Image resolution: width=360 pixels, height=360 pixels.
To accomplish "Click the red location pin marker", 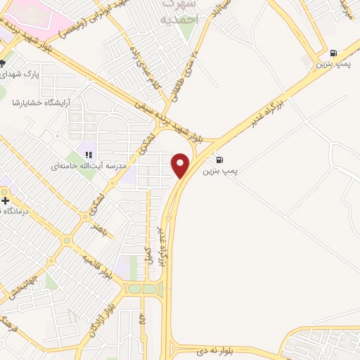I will (181, 165).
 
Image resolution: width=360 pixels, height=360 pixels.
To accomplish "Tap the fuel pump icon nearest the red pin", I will (220, 160).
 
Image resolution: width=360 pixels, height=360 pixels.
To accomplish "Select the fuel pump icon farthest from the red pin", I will (333, 52).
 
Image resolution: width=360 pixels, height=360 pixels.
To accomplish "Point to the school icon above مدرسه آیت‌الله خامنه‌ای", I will (89, 154).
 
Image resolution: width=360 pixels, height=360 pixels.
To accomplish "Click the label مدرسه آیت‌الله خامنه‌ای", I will (88, 167).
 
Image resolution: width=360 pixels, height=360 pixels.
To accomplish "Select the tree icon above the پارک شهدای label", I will (3, 64).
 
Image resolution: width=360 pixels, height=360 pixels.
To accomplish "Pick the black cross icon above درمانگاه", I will (6, 200).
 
